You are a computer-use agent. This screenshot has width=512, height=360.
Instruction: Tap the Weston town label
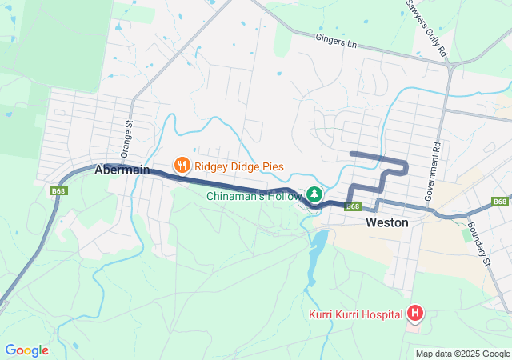(386, 222)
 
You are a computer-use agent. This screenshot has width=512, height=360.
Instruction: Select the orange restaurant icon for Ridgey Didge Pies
(182, 166)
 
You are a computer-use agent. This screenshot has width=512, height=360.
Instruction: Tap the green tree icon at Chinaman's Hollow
(314, 194)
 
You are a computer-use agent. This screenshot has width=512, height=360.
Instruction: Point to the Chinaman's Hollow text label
(254, 196)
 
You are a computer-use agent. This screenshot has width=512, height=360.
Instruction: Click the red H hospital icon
(415, 312)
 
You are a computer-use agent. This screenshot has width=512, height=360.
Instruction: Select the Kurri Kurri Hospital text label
(356, 314)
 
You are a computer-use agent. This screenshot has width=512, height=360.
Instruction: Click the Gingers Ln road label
(335, 39)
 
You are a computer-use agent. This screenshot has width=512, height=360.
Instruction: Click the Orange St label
(125, 138)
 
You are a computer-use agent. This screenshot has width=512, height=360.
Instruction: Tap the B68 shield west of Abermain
(58, 191)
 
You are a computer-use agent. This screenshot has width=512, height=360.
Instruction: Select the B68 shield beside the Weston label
(353, 206)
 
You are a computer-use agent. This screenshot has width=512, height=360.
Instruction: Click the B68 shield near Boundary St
(500, 201)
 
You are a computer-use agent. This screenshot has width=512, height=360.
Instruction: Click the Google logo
(26, 350)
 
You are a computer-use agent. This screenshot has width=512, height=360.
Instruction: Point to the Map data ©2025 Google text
(462, 354)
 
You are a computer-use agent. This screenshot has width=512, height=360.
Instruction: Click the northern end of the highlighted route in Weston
(353, 153)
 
